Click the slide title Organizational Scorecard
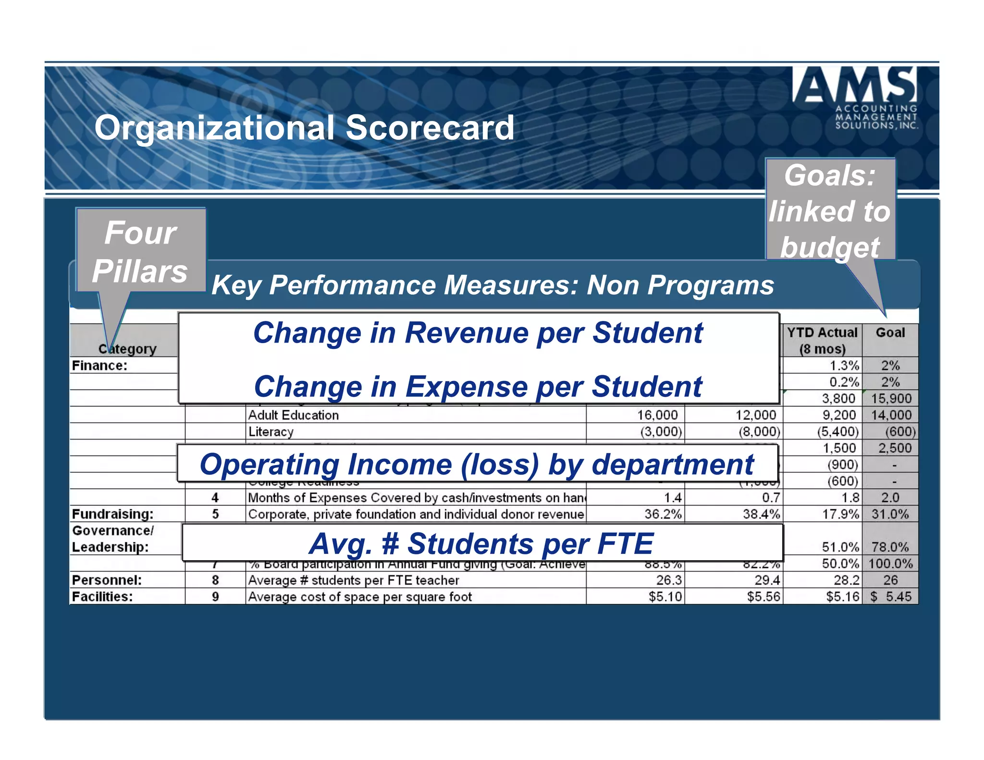click(x=304, y=128)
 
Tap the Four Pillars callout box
click(x=141, y=251)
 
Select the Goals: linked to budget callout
click(x=830, y=210)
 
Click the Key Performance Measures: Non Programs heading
click(x=492, y=285)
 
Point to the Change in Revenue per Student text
click(x=478, y=333)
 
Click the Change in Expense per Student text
click(x=478, y=387)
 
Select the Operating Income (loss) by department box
click(x=477, y=464)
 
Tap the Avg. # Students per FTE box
click(x=481, y=543)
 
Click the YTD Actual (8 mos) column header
click(x=822, y=340)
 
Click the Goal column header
click(x=890, y=332)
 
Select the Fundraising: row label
click(x=112, y=514)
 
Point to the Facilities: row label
click(x=102, y=597)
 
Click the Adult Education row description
click(x=293, y=415)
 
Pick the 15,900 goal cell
click(x=891, y=398)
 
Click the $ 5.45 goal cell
click(x=891, y=597)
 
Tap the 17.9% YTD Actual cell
click(x=840, y=514)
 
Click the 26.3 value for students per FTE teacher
click(x=668, y=580)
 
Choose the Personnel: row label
click(x=107, y=580)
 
